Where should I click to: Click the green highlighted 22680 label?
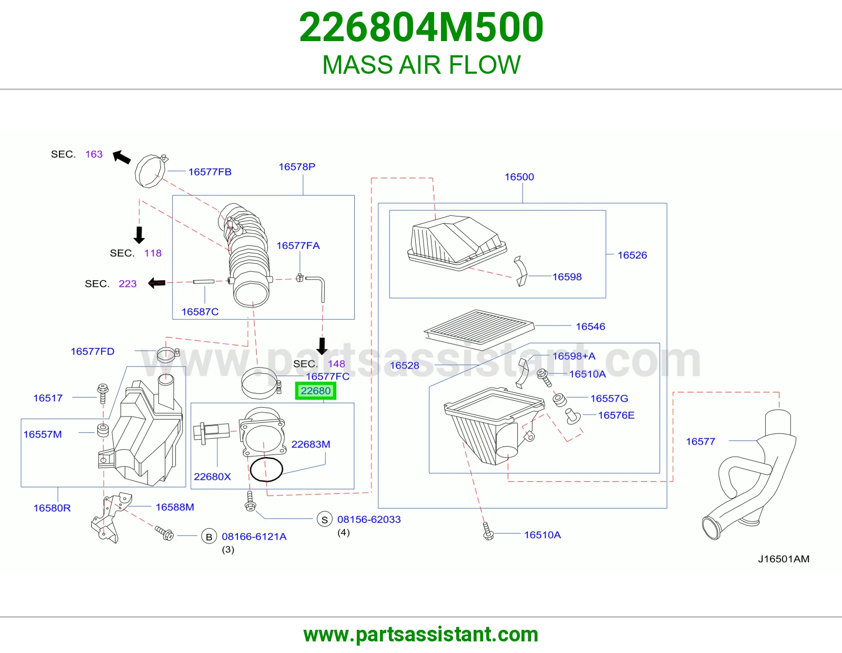315,390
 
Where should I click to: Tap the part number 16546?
590,326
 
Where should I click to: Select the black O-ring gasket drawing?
266,469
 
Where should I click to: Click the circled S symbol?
325,520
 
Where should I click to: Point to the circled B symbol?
209,537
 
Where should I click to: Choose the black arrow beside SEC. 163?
121,157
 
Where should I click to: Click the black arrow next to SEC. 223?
156,283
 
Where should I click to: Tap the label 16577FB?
209,172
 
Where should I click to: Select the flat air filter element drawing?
479,327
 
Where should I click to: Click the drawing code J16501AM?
784,559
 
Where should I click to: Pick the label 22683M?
311,444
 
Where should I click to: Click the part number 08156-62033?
369,519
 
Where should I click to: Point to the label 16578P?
297,167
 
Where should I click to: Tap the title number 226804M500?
421,27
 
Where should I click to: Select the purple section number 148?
336,364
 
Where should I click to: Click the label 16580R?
52,508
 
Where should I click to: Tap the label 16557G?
609,398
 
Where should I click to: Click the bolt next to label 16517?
103,393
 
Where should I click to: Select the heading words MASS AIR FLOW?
421,65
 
